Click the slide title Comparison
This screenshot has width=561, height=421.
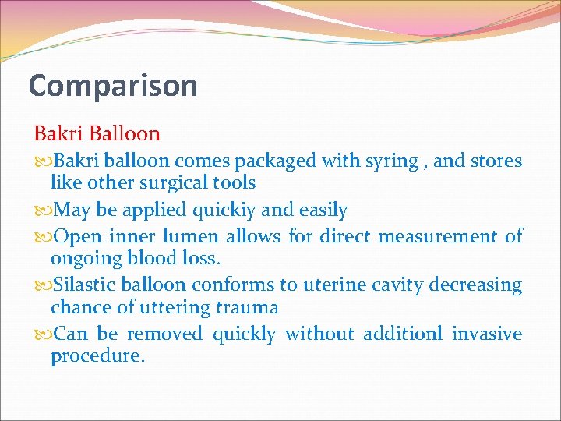pos(113,86)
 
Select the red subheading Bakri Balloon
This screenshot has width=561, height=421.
pos(97,133)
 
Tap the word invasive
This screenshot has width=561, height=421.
pos(487,334)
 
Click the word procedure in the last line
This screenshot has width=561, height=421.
pos(97,356)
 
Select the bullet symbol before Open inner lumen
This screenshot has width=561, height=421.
pos(42,236)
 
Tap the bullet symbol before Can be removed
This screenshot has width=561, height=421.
pos(42,334)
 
